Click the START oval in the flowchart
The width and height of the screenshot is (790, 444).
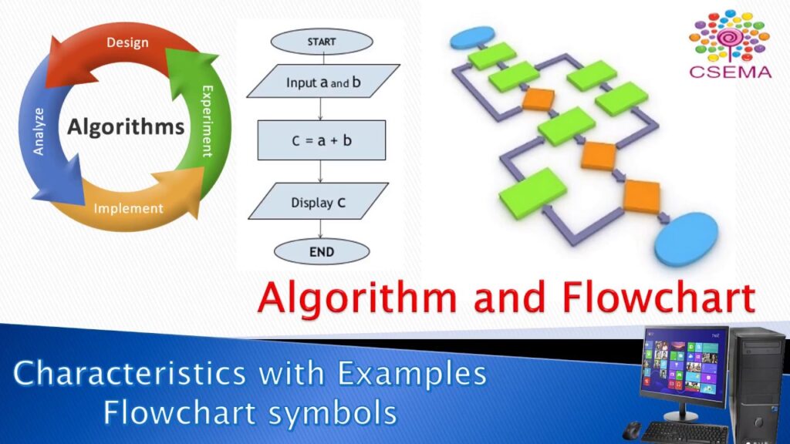[322, 42]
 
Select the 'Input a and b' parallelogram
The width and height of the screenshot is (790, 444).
[323, 82]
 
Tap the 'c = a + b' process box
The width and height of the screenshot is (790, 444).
[322, 140]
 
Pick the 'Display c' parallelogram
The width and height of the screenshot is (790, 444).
[318, 201]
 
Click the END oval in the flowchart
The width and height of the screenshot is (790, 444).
[322, 251]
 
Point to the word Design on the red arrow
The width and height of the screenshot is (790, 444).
[127, 42]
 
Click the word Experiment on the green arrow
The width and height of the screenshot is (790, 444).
[207, 121]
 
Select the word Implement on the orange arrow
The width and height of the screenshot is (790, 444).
[129, 208]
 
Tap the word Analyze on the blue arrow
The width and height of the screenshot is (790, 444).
[39, 131]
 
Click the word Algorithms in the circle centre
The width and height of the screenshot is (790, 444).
[126, 126]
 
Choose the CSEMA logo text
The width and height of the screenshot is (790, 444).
[730, 72]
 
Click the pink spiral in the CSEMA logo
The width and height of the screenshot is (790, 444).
[729, 38]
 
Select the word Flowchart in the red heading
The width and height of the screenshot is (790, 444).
[659, 297]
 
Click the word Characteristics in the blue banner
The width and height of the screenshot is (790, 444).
[130, 373]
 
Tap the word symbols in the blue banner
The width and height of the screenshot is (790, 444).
[333, 413]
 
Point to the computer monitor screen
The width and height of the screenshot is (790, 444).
[684, 359]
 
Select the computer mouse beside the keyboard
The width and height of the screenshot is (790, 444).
[631, 431]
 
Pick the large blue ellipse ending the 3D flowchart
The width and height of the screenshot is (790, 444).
[686, 238]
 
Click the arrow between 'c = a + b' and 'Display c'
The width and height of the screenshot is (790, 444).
[320, 172]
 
